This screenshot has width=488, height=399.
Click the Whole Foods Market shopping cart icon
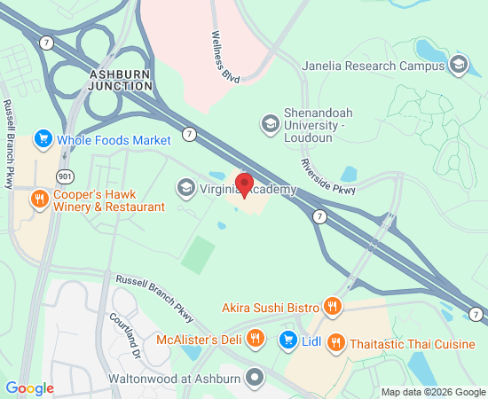43,139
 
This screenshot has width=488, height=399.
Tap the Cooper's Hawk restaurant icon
38,199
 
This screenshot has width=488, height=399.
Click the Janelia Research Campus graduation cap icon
458,65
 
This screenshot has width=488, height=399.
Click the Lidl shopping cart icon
288,339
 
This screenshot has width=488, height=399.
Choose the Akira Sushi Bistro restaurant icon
333,307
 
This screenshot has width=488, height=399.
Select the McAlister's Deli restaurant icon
256,338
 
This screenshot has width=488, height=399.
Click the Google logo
29,387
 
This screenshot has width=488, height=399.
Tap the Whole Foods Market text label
114,140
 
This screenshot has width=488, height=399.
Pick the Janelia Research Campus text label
385,66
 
